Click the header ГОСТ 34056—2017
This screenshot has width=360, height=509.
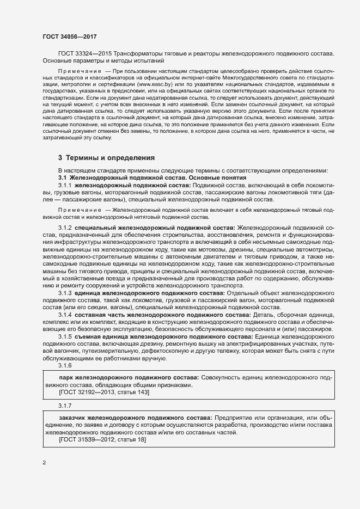70,36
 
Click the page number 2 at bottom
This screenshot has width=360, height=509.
44,463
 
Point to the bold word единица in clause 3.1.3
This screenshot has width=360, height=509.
90,293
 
